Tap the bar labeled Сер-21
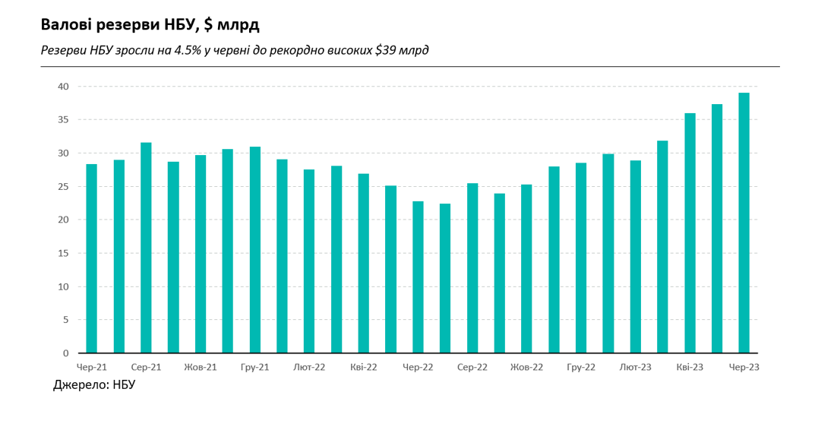(x=146, y=248)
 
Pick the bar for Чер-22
(x=418, y=277)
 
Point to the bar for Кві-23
(x=690, y=233)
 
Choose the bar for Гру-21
(x=254, y=250)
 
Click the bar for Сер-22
(x=472, y=268)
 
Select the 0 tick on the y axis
(x=65, y=353)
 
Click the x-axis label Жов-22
(x=526, y=367)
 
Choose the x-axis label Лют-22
(x=309, y=367)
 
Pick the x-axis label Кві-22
(x=364, y=367)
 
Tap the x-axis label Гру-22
(x=581, y=367)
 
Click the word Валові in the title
(x=67, y=25)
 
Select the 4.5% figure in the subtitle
(x=187, y=51)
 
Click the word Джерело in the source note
(x=80, y=385)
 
